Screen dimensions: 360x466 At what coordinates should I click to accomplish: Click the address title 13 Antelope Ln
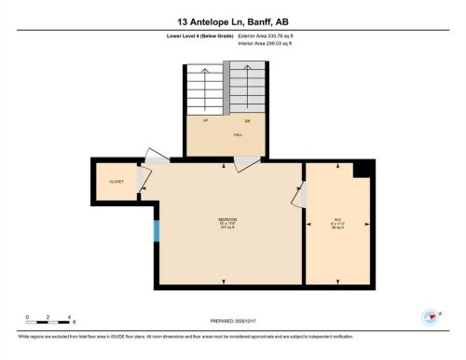pos(233,20)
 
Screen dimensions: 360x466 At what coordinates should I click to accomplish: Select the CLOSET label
pos(116,181)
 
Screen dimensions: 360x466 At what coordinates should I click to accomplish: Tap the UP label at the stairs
pos(206,120)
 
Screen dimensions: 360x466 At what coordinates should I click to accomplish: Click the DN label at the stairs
pos(247,120)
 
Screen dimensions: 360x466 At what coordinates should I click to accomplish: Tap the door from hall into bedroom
pos(247,164)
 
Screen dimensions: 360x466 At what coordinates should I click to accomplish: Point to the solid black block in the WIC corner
pos(364,168)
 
